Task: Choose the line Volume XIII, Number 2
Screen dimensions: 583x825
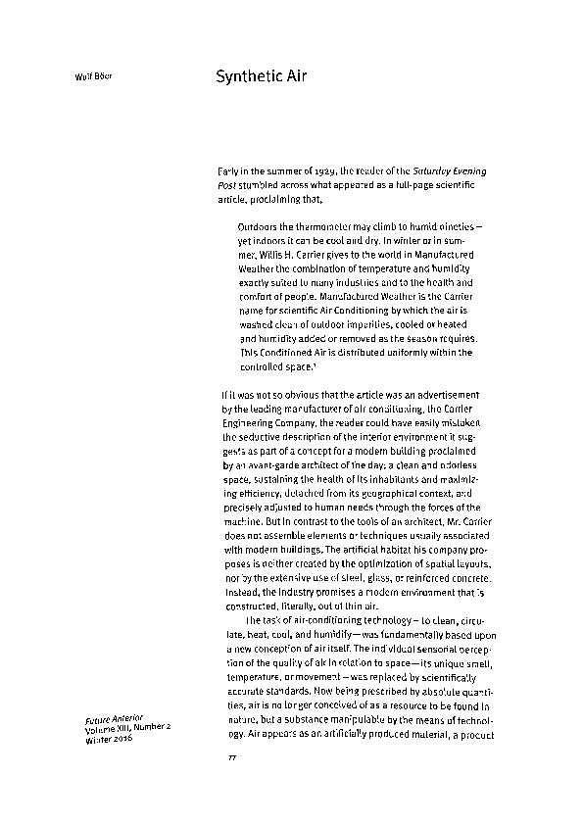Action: [128, 728]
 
